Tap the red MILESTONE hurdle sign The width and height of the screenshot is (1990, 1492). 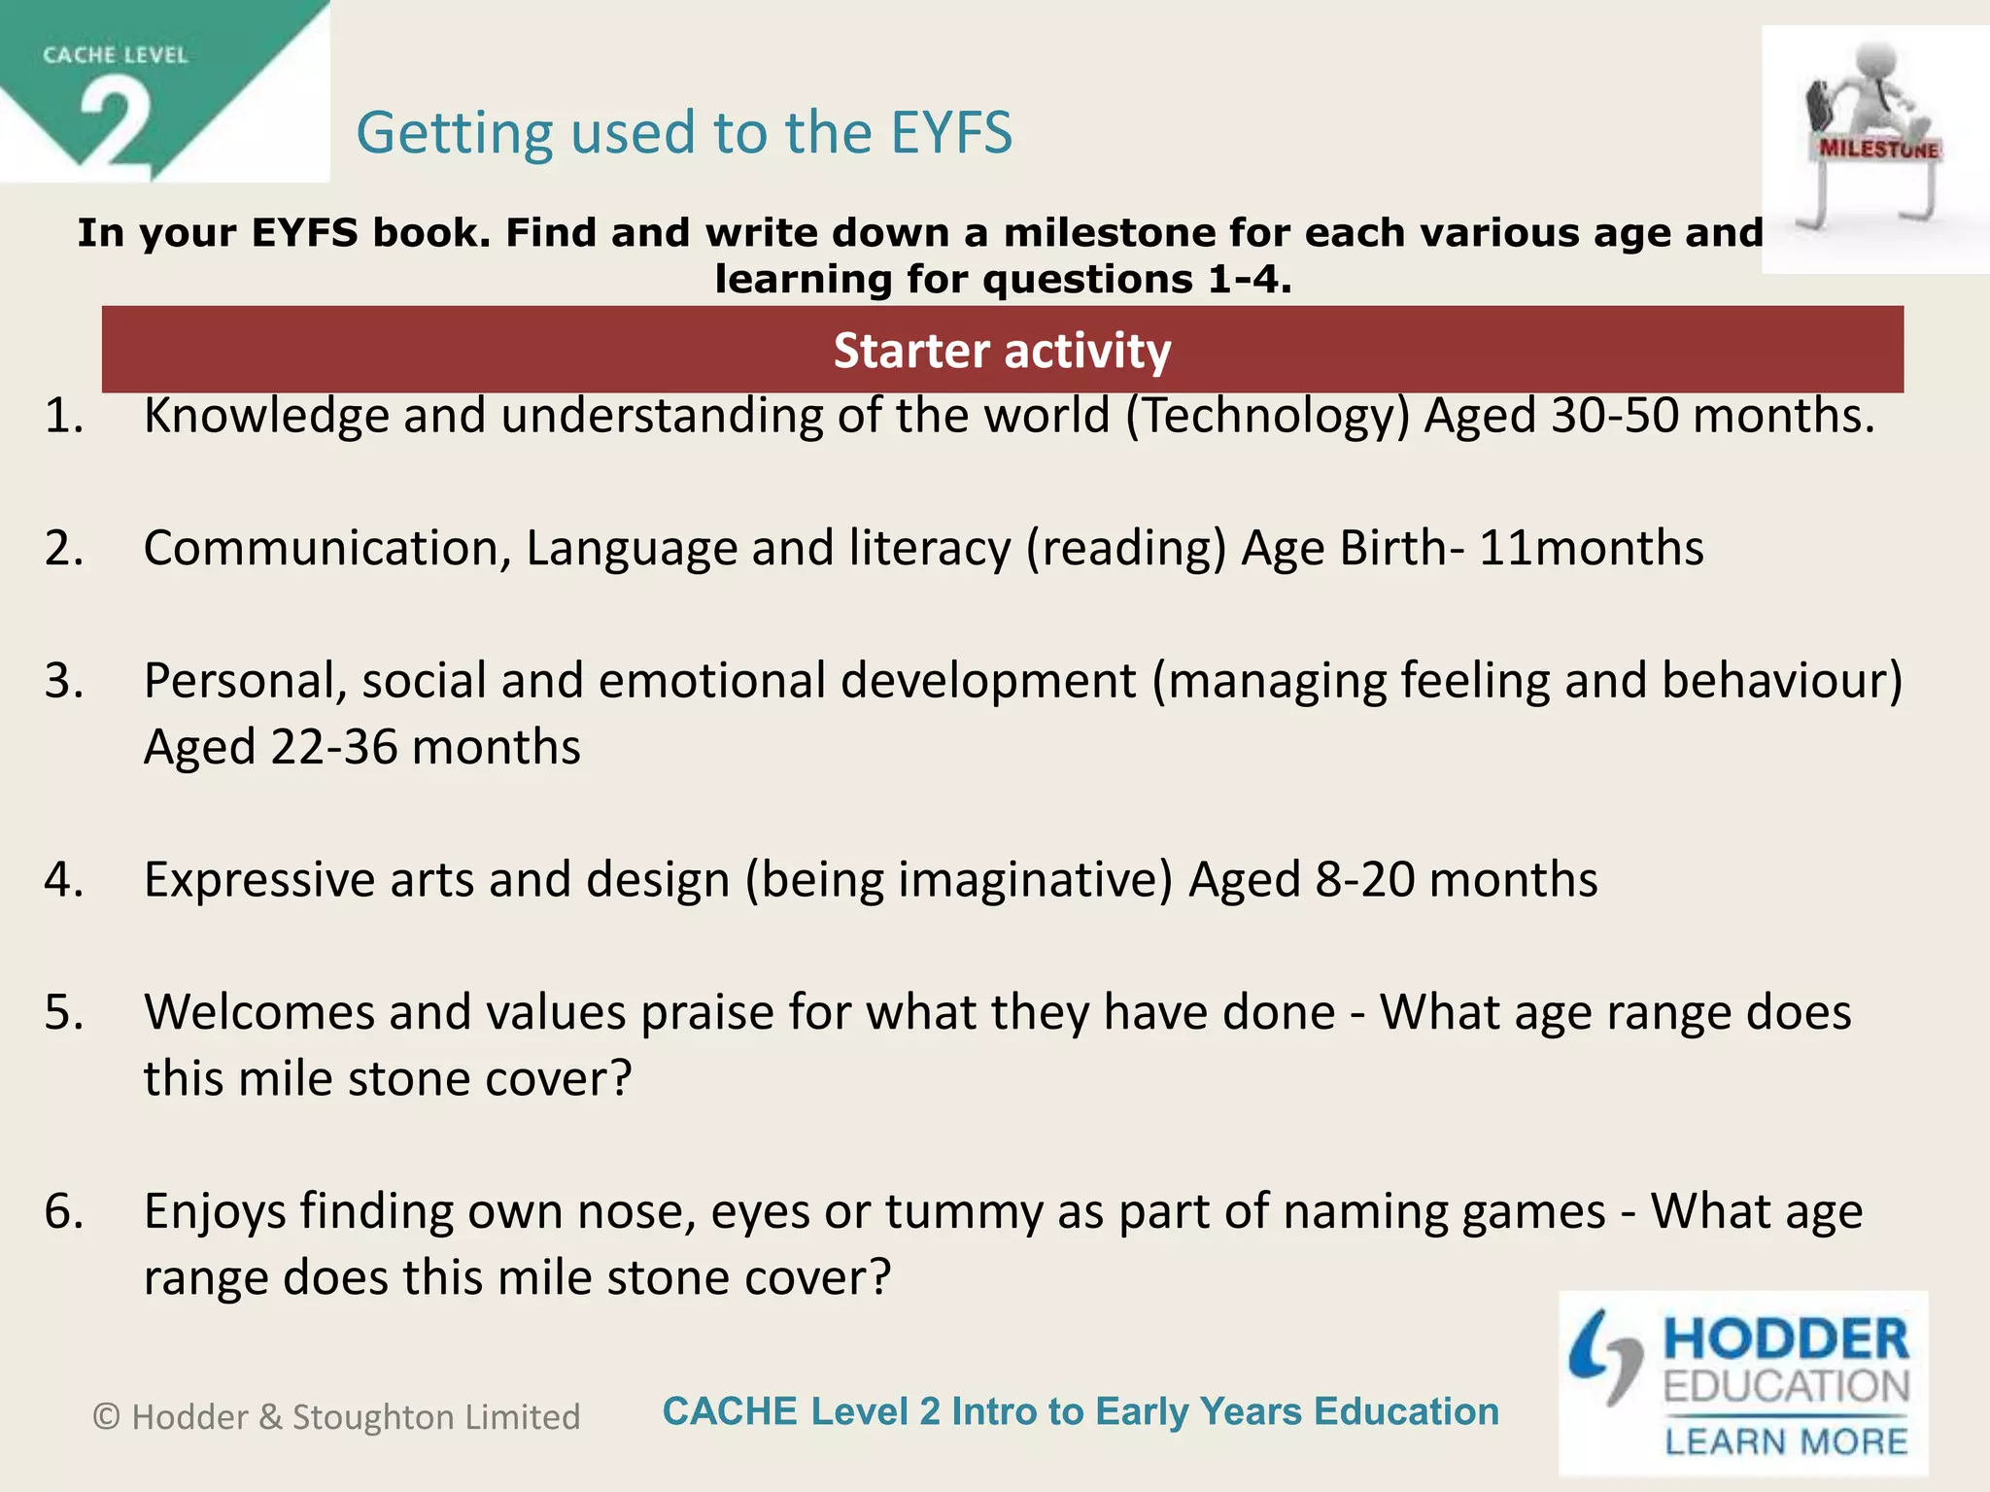(1878, 149)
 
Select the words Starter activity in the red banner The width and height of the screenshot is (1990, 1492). (1002, 351)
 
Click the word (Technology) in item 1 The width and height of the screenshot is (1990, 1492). (1267, 416)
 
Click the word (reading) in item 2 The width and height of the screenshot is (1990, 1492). (1126, 548)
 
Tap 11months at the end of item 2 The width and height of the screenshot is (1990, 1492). (1591, 548)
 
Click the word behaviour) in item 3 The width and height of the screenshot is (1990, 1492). (1782, 680)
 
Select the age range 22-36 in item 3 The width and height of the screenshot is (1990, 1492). (333, 747)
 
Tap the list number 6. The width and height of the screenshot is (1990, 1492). (63, 1211)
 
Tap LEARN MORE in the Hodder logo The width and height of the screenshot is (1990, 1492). (1786, 1441)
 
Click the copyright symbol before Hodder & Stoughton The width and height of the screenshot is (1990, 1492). (106, 1417)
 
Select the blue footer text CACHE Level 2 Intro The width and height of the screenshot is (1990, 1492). (1080, 1411)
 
